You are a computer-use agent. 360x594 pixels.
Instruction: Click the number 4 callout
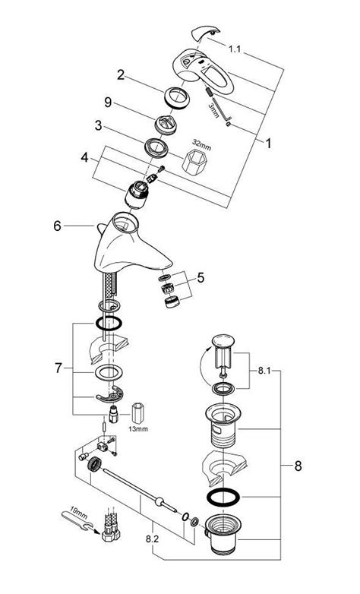(87, 159)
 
